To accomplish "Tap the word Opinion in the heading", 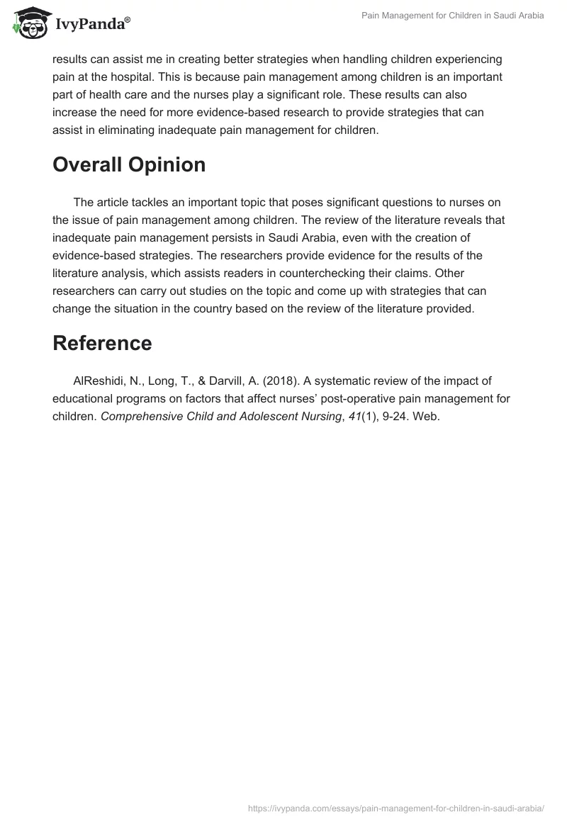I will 168,165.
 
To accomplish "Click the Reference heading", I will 102,343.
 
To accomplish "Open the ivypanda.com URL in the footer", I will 396,808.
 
